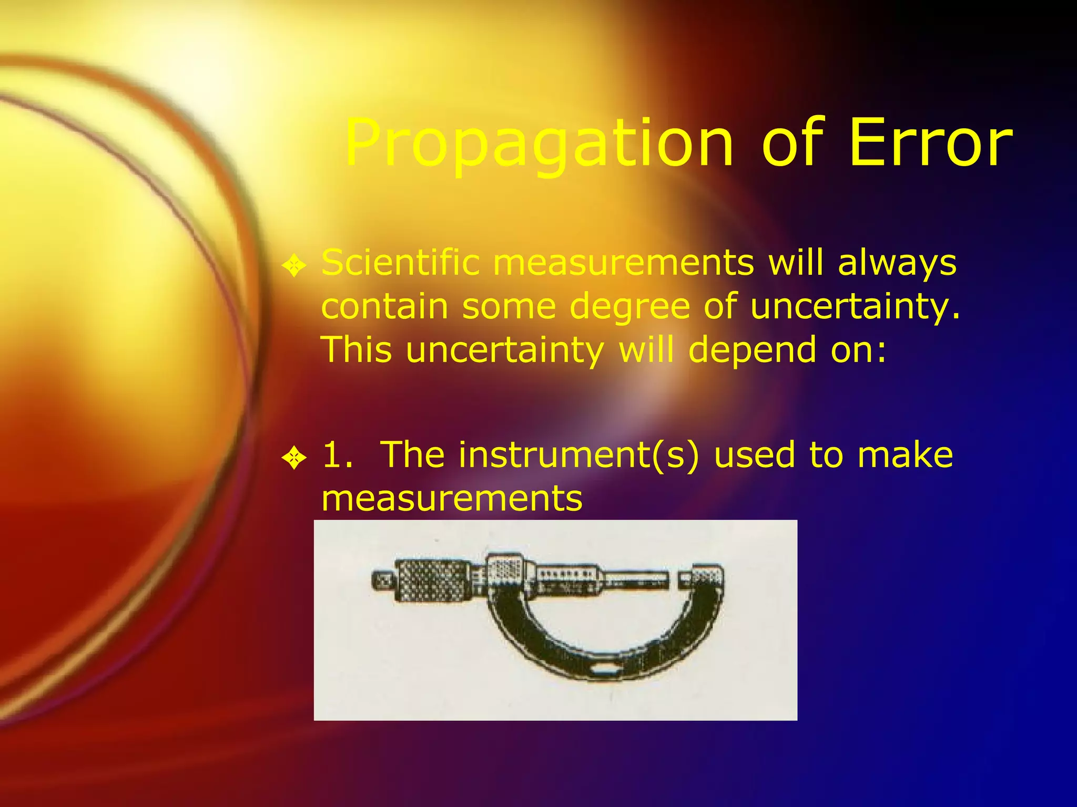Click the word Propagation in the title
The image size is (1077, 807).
(x=539, y=143)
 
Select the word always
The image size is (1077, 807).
(x=897, y=263)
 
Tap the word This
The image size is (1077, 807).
(x=356, y=349)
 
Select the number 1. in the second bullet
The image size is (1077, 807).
(x=337, y=455)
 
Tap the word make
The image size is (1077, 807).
(x=905, y=455)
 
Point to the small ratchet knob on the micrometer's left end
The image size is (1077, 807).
(x=383, y=581)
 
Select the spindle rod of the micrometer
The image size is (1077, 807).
(x=636, y=580)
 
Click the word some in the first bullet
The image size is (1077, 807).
(x=509, y=306)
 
